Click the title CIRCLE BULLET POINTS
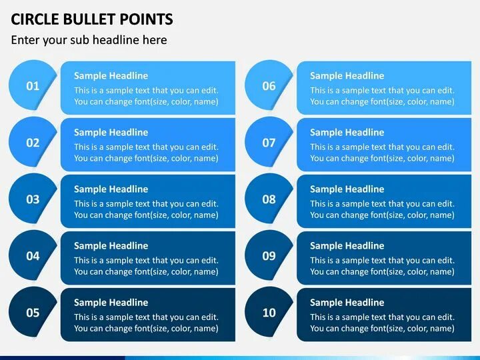(91, 19)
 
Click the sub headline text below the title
(89, 40)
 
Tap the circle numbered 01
(33, 86)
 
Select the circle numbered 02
(33, 143)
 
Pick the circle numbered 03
(33, 199)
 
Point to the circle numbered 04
(33, 256)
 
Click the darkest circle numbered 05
(33, 313)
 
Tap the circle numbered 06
(269, 86)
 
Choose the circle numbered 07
(269, 143)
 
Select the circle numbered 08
(269, 199)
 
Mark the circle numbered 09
(269, 256)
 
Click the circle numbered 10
(269, 313)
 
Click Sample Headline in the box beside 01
(111, 76)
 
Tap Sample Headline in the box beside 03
(111, 189)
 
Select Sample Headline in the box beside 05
(111, 303)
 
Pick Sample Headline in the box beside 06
(347, 76)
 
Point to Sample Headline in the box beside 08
(347, 189)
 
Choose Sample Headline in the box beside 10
(347, 303)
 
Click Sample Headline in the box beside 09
(347, 246)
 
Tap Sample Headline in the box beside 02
(111, 133)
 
